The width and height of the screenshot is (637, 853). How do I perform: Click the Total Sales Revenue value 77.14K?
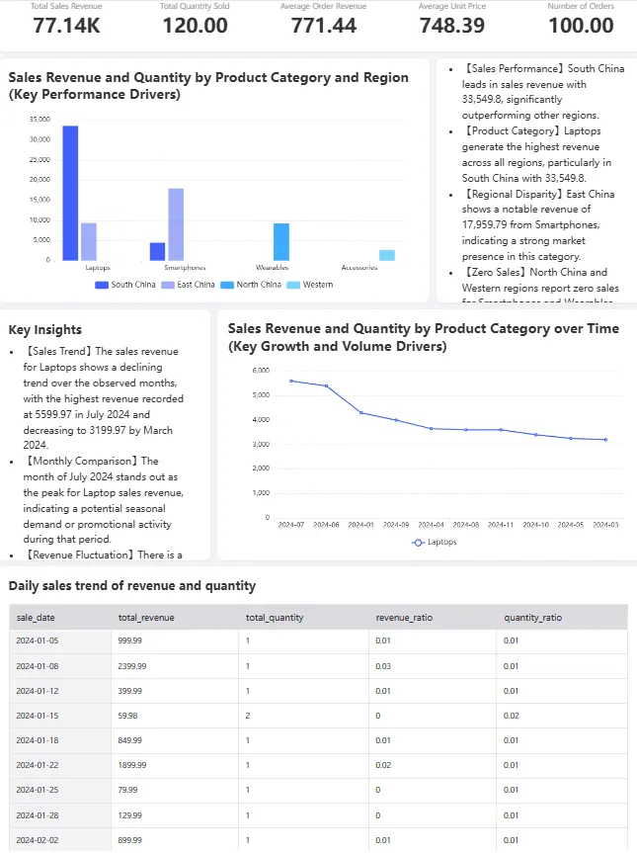click(x=66, y=27)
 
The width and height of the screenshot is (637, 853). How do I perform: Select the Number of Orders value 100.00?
click(x=581, y=27)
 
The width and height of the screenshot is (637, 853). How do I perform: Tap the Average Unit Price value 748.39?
click(x=452, y=27)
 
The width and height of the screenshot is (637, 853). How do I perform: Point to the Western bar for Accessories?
click(x=387, y=255)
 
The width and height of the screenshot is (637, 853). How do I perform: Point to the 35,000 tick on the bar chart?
click(x=40, y=119)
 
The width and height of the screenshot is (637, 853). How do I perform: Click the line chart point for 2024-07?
click(x=291, y=381)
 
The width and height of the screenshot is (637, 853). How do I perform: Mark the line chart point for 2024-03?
click(x=605, y=440)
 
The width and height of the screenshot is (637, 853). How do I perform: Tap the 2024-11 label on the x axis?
click(x=501, y=525)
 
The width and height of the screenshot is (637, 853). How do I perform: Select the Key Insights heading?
click(x=44, y=330)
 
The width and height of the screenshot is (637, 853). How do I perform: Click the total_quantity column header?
click(x=275, y=618)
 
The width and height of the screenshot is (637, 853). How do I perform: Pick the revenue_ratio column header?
click(x=404, y=618)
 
